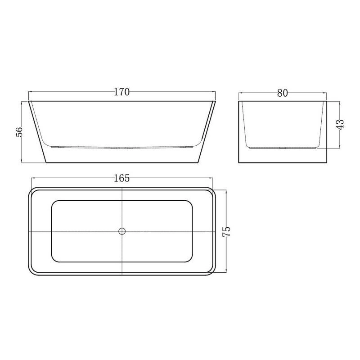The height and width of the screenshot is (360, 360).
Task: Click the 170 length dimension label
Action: (x=121, y=92)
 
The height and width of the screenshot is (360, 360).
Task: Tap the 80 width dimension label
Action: (x=283, y=93)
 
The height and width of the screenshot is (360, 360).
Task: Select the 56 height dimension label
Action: (x=19, y=132)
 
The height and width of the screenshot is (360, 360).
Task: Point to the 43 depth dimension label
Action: (x=341, y=125)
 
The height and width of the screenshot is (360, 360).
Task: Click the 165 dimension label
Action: (x=121, y=178)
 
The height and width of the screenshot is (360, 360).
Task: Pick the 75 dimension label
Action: (x=226, y=231)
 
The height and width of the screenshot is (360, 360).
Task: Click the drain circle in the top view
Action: (x=122, y=231)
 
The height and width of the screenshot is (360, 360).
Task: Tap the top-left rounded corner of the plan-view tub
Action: (x=31, y=190)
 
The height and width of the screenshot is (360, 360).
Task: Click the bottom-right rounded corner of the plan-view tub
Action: (x=213, y=272)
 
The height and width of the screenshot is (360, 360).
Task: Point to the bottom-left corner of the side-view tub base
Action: (x=46, y=162)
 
